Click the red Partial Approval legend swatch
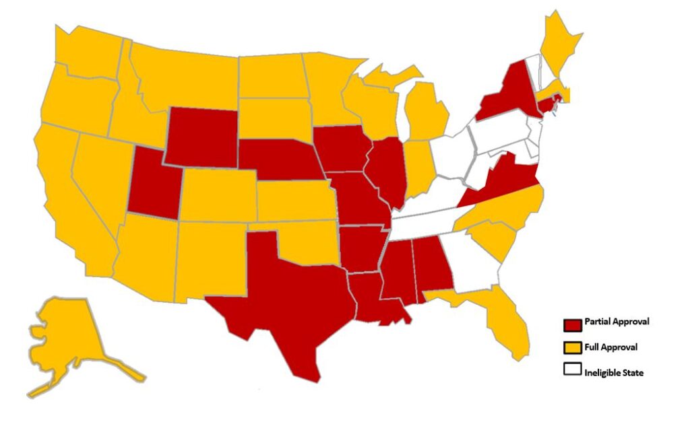click(572, 325)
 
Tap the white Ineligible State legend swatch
click(572, 369)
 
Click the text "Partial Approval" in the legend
click(617, 322)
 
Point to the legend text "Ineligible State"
click(614, 372)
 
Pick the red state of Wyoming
click(201, 138)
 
